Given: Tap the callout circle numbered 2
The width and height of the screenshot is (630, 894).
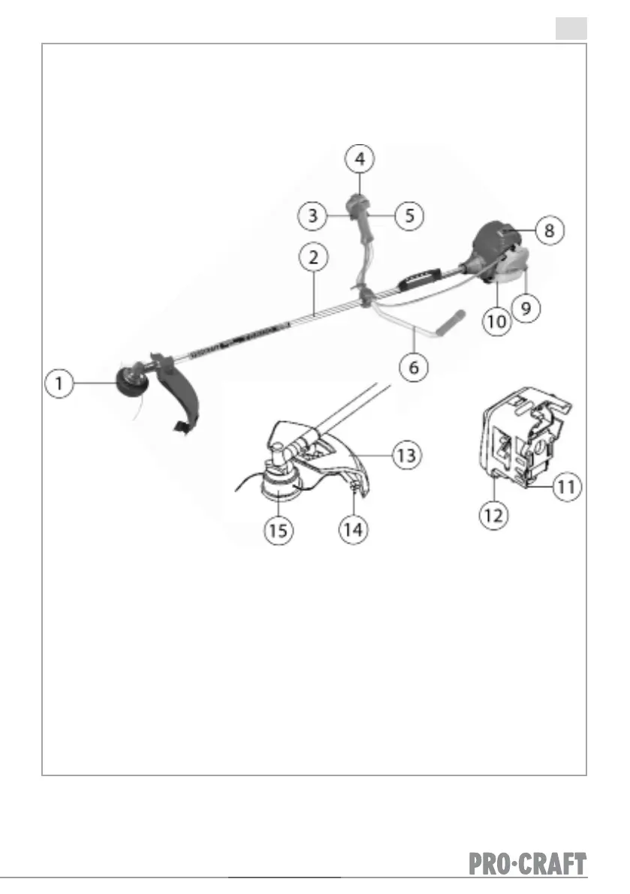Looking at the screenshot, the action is [x=313, y=257].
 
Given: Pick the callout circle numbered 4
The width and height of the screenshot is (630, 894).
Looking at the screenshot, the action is [x=360, y=159].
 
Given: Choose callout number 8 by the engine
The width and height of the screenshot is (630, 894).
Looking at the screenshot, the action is [x=550, y=230].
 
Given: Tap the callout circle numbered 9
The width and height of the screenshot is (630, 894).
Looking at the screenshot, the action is [x=525, y=308].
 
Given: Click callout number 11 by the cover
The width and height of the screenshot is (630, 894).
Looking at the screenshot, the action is [x=567, y=486].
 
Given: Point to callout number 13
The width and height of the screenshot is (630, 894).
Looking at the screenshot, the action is [x=409, y=455].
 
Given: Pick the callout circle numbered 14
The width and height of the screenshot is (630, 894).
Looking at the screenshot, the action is [x=353, y=529].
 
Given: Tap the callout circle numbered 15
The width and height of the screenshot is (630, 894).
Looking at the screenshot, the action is [x=278, y=529].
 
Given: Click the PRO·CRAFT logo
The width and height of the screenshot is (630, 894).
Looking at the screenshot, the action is [x=528, y=864].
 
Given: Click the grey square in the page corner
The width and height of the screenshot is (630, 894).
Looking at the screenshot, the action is [x=571, y=29].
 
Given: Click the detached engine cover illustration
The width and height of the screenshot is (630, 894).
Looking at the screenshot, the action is [x=518, y=443].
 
